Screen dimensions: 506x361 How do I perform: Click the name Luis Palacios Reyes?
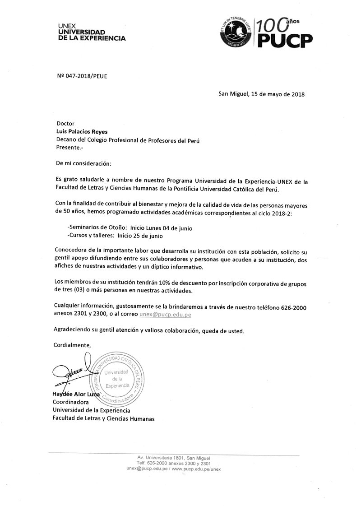[x=82, y=131]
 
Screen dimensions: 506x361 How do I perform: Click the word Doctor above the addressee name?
[x=65, y=123]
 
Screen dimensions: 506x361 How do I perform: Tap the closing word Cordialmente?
[x=72, y=345]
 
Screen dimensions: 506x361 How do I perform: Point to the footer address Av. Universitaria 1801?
[x=174, y=458]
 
